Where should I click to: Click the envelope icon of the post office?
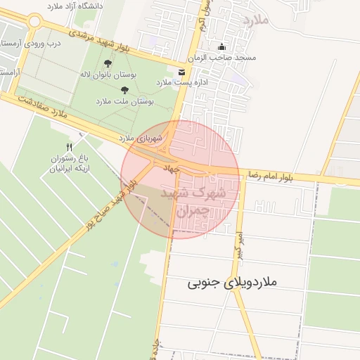(x=182, y=72)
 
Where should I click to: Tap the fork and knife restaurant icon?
(x=69, y=147)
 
